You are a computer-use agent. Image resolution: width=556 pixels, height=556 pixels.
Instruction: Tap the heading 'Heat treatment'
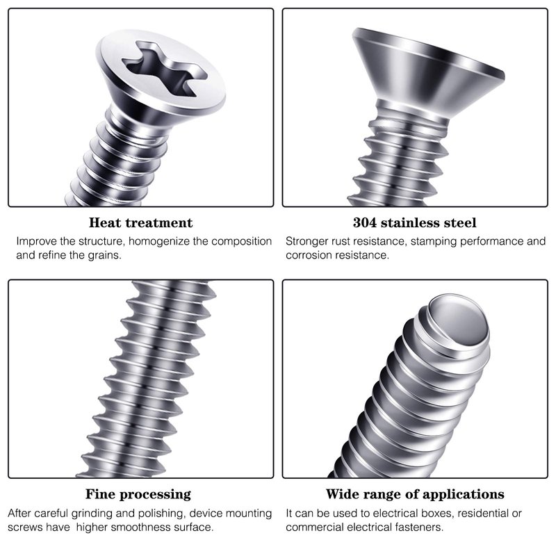[x=141, y=222]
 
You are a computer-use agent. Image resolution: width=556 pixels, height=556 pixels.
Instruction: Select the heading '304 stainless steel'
[x=414, y=222]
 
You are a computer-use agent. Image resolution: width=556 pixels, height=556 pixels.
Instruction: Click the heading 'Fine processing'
[x=138, y=494]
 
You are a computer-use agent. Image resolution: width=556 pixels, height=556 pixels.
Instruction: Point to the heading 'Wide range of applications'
[x=415, y=494]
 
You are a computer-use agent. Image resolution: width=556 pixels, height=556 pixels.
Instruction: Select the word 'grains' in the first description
[x=105, y=255]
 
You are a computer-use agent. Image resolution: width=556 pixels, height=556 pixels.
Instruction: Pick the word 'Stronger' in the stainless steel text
[x=306, y=241]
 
